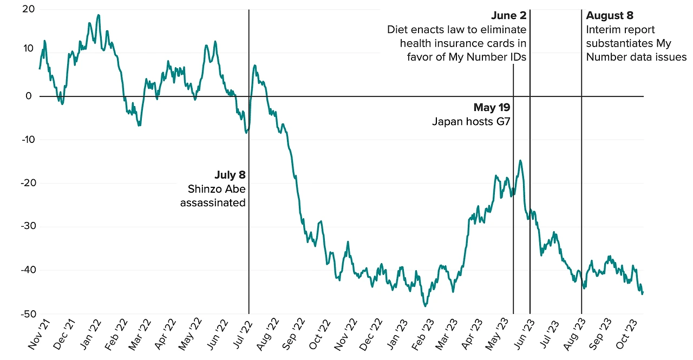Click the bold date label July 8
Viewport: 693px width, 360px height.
click(230, 175)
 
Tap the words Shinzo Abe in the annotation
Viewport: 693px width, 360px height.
click(217, 189)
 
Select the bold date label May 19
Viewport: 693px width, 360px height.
click(492, 108)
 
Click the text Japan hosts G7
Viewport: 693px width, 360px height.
click(471, 122)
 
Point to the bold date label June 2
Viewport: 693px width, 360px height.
click(508, 16)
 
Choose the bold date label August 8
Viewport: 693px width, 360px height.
click(609, 16)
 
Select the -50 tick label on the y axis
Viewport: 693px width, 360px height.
click(27, 314)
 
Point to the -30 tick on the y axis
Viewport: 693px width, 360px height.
click(27, 227)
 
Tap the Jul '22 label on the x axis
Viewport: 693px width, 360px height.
click(243, 336)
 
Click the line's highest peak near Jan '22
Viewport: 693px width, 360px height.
click(99, 15)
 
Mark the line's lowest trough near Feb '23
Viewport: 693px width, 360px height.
click(426, 306)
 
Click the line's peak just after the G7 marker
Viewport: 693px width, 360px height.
click(520, 161)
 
